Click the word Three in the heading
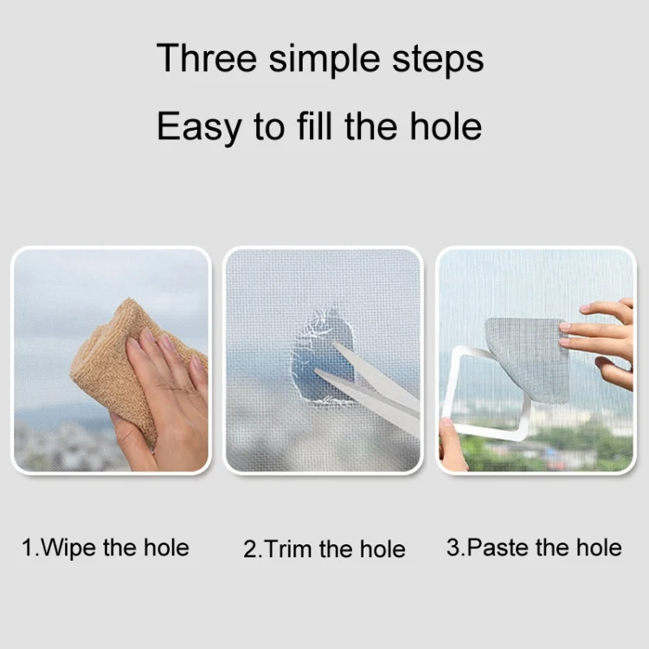[x=207, y=58]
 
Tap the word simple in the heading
[x=324, y=60]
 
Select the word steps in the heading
[x=438, y=61]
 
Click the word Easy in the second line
[x=200, y=127]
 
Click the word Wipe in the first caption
[x=69, y=548]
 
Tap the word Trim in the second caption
[x=288, y=549]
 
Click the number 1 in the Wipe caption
[x=28, y=548]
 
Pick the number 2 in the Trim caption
[x=250, y=549]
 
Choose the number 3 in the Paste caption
[x=453, y=548]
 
